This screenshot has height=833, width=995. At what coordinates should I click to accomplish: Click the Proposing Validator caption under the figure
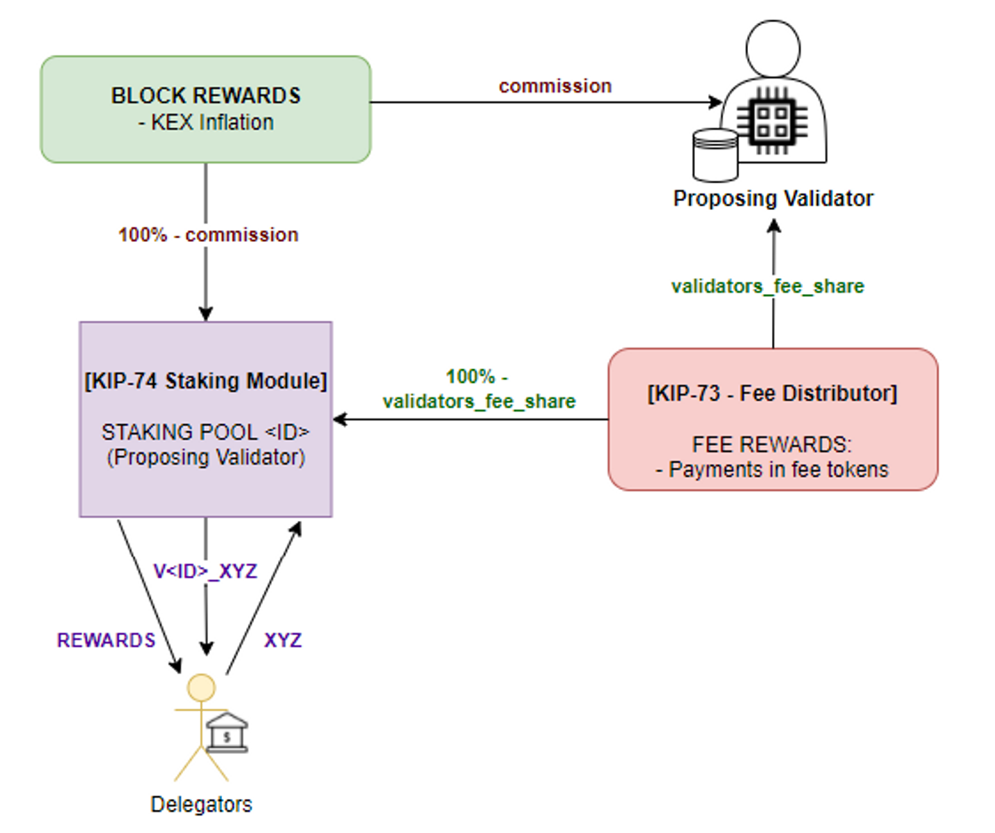(773, 198)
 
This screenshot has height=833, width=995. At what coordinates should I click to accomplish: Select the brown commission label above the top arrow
(555, 86)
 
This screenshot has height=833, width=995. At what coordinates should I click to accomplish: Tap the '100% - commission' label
(208, 235)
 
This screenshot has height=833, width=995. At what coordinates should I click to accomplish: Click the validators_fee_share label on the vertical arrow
(768, 286)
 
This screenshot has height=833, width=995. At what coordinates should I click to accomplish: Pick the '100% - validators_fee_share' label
(479, 389)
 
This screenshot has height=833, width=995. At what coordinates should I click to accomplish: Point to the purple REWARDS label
(106, 640)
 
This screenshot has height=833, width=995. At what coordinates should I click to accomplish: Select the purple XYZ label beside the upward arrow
(283, 640)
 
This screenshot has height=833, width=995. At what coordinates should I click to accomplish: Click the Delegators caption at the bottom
(201, 805)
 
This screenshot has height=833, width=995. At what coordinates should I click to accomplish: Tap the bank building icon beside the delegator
(227, 732)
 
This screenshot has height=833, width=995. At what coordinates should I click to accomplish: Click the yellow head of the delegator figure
(202, 687)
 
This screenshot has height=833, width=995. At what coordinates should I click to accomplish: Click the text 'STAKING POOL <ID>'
(205, 433)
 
